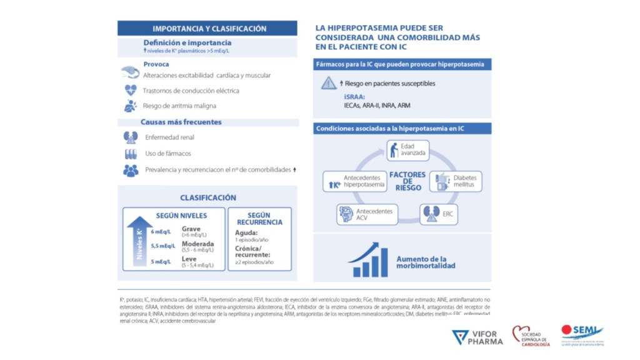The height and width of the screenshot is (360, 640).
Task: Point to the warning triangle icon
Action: pos(329,83)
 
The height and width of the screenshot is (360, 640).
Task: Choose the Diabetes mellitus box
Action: pos(458,181)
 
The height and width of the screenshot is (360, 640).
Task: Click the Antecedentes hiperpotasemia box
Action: pos(353,181)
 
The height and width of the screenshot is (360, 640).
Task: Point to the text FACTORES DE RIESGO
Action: pos(407,181)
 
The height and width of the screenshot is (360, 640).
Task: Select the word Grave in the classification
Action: pos(191,229)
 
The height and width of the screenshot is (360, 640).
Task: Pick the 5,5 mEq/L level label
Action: pos(162,246)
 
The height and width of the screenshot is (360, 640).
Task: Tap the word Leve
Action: pos(189,258)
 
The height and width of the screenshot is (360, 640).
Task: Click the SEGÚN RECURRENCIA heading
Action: pos(259,218)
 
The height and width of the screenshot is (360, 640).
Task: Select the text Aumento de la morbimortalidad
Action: pos(426,262)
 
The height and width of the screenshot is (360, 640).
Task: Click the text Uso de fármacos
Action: pos(167,153)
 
